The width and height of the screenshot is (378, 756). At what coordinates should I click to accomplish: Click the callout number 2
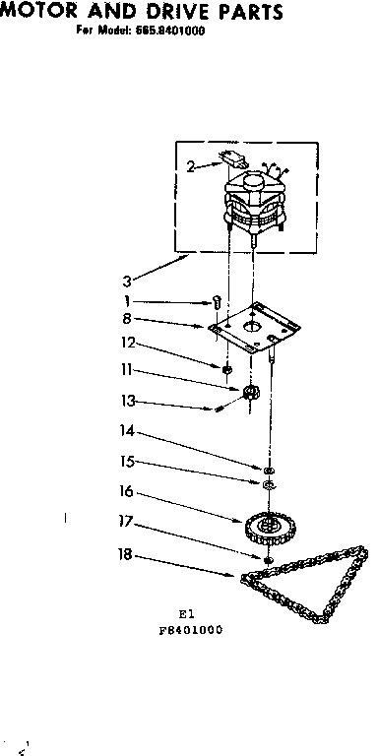(x=190, y=167)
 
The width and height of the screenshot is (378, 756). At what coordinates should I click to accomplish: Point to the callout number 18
(x=125, y=555)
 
